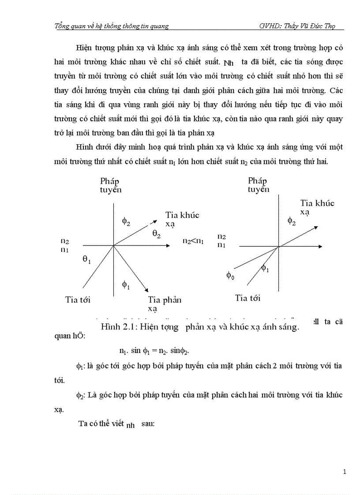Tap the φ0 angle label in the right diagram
pos(230,275)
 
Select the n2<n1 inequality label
pos(193,241)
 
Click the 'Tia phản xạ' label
pos(165,304)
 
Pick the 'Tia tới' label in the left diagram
pos(78,300)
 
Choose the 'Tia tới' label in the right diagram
pos(247,298)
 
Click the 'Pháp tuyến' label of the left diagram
pos(110,185)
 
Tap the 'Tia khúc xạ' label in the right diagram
pos(317,207)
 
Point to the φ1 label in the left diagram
pos(126,284)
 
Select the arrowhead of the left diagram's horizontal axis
pos(168,245)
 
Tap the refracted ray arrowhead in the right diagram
pos(317,227)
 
